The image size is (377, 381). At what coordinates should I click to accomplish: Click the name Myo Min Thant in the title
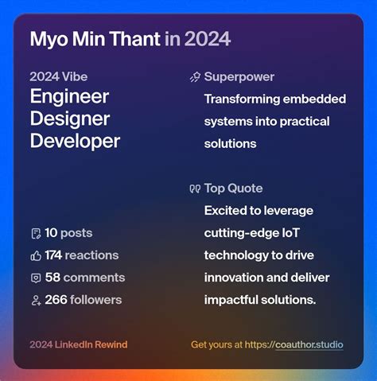(95, 39)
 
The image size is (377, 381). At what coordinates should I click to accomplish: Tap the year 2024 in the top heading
(208, 39)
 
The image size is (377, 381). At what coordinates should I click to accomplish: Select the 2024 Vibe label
(59, 77)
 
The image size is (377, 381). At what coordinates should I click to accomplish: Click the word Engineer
(69, 97)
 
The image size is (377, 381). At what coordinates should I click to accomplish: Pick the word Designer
(69, 119)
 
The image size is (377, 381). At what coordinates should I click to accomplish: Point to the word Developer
(75, 142)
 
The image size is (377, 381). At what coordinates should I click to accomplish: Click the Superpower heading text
(239, 77)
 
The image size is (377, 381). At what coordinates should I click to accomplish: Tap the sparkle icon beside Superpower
(195, 78)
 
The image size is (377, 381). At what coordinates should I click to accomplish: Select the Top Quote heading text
(233, 189)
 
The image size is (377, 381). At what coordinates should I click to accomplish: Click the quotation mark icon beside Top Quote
(195, 189)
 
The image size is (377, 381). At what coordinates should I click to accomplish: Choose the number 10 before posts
(51, 233)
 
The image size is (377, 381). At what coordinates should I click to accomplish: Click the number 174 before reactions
(54, 255)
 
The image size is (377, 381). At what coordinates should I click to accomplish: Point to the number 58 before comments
(52, 278)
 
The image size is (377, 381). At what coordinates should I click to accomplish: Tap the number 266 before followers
(56, 300)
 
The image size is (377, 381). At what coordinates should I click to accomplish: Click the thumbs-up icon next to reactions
(35, 256)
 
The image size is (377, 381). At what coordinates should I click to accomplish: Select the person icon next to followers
(35, 301)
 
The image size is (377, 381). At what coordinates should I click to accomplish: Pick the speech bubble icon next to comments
(35, 278)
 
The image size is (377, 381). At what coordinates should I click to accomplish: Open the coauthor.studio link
(309, 345)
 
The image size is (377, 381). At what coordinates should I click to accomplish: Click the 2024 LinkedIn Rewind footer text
(78, 345)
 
